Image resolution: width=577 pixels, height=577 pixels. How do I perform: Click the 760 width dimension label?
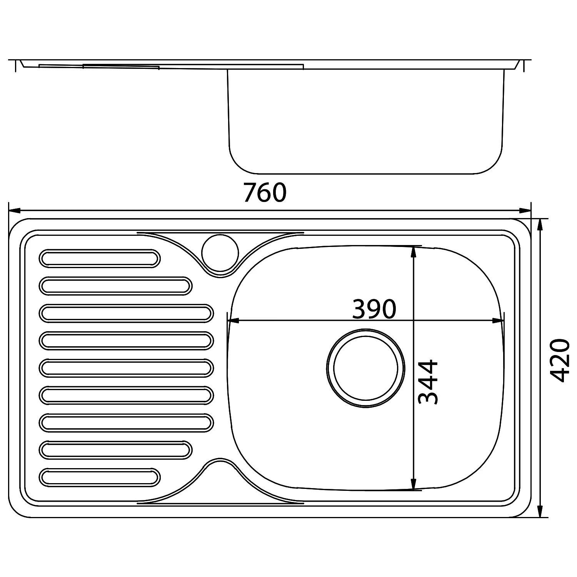point(265,193)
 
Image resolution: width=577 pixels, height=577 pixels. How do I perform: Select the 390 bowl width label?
point(374,309)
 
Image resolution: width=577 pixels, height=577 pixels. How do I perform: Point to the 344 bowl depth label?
point(428,382)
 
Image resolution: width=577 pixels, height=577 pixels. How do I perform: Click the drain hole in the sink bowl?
point(365,368)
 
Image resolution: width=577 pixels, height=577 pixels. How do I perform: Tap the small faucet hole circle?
point(220,253)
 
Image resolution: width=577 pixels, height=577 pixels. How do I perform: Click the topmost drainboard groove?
point(100,258)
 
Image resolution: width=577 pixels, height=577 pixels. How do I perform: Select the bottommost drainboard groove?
point(100,477)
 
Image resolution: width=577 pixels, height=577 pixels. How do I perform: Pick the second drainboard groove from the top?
point(115,286)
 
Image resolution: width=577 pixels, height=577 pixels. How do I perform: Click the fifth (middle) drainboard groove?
point(126,368)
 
